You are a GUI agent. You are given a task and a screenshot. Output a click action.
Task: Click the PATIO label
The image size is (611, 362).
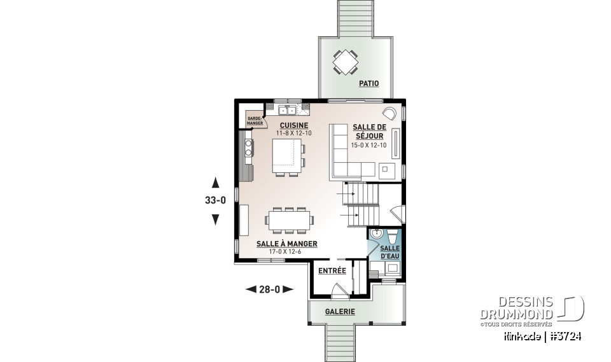click(x=369, y=83)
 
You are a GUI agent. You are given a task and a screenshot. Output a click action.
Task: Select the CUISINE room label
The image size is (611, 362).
click(x=293, y=125)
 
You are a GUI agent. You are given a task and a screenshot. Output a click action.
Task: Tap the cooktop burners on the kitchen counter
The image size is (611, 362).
click(x=246, y=149)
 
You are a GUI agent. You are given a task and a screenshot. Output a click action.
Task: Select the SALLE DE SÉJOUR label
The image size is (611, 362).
click(x=369, y=131)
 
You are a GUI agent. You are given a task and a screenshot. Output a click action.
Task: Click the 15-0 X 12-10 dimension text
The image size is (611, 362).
click(x=369, y=145)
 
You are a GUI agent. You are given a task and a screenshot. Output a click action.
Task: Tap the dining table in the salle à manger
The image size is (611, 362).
click(x=290, y=220)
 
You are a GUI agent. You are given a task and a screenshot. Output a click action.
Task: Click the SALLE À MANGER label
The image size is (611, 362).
click(x=286, y=244)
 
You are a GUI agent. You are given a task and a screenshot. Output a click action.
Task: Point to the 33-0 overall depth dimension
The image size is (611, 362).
click(x=215, y=200)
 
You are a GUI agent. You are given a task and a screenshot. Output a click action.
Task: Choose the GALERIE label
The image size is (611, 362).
click(x=340, y=312)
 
